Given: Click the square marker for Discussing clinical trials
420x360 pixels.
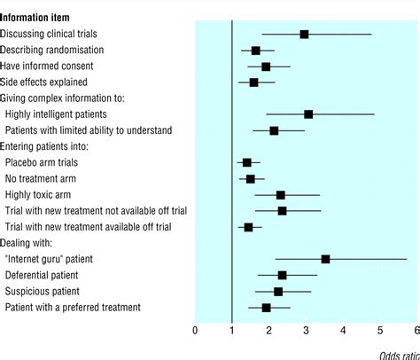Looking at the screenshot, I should point(304,34).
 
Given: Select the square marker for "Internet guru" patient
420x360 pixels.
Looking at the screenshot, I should point(325,259).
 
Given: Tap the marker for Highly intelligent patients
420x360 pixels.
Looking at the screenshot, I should point(308,114).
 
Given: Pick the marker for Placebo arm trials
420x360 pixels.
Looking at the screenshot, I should point(246,162).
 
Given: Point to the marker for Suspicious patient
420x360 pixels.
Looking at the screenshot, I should point(278,291).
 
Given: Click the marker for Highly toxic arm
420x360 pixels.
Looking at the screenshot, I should point(281,195).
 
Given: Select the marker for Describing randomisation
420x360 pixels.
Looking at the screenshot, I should point(256,51).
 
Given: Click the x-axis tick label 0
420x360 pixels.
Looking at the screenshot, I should point(195,331).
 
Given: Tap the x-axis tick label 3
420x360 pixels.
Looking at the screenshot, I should point(306,331).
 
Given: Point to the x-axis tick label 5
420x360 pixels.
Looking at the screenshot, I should point(380,331).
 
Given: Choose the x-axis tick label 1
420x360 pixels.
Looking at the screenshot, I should point(232,331).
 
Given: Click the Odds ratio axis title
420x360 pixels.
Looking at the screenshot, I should point(398,355).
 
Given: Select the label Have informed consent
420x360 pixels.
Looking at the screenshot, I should point(47,67).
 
